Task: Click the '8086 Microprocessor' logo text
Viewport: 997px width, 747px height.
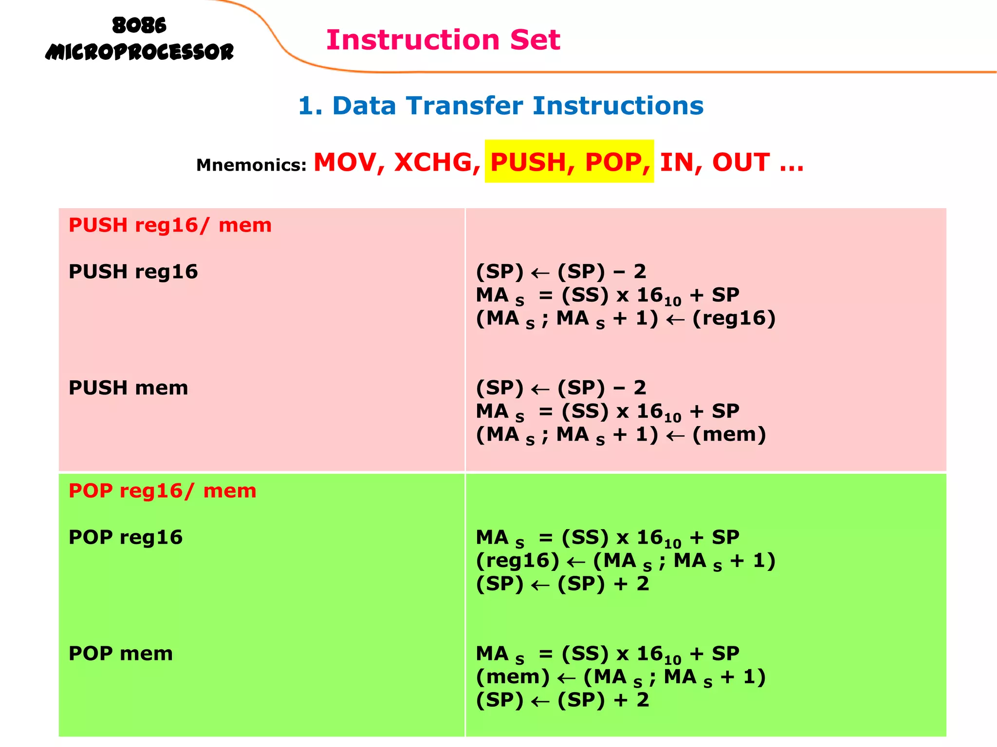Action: [139, 39]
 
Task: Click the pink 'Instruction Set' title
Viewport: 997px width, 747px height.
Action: [443, 40]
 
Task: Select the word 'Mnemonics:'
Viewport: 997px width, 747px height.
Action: [251, 165]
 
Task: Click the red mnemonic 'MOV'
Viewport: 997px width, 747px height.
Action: [345, 162]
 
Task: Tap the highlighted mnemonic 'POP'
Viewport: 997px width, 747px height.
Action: [614, 162]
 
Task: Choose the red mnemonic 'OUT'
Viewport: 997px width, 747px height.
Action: [740, 162]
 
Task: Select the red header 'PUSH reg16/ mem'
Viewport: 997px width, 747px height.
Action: [170, 226]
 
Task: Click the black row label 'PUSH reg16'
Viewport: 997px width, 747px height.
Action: [133, 272]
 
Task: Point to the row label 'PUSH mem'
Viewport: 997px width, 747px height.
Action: [128, 388]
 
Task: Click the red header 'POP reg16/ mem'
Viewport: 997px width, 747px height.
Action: [162, 491]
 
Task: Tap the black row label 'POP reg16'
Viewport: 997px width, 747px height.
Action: [126, 537]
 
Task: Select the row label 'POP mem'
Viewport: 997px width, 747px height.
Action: [121, 654]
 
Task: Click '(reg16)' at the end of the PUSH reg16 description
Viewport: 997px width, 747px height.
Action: [734, 319]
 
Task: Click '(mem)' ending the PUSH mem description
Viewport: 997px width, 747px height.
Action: [729, 435]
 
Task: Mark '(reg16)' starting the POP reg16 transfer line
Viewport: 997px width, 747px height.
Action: [517, 561]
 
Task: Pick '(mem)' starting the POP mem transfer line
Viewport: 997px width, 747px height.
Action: [513, 677]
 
